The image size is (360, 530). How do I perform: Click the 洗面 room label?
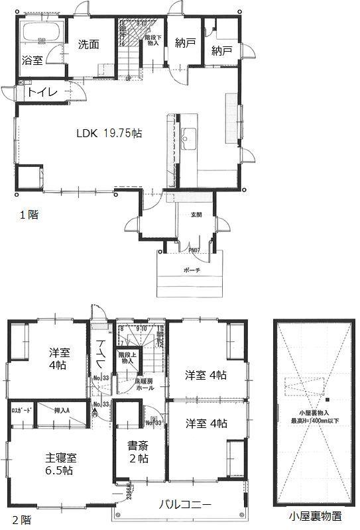coord(88,44)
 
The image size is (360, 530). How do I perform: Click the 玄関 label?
coord(196,215)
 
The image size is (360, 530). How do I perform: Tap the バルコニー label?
coord(185,505)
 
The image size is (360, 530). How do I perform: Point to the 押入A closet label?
coord(62,411)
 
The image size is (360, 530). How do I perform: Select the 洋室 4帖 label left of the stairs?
coord(59,358)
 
